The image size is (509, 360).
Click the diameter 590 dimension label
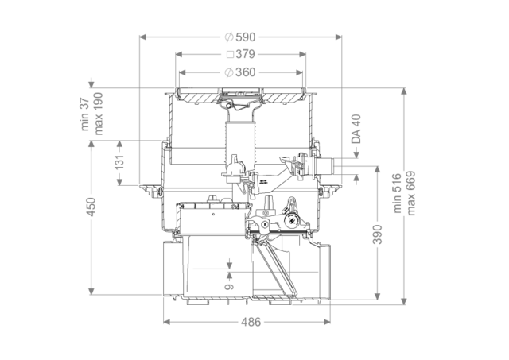pyautogui.click(x=240, y=37)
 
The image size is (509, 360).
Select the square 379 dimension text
pyautogui.click(x=240, y=54)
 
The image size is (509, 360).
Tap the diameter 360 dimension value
pyautogui.click(x=240, y=72)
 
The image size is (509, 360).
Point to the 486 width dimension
pyautogui.click(x=251, y=322)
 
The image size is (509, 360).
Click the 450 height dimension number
pyautogui.click(x=91, y=207)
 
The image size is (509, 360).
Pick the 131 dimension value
pyautogui.click(x=120, y=162)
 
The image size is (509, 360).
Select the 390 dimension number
pyautogui.click(x=377, y=234)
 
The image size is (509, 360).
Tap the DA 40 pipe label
pyautogui.click(x=356, y=129)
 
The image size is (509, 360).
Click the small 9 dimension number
pyautogui.click(x=229, y=287)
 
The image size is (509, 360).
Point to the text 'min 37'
pyautogui.click(x=85, y=114)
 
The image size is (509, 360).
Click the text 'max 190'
pyautogui.click(x=98, y=114)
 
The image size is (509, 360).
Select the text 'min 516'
pyautogui.click(x=398, y=193)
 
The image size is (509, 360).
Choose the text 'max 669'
pyautogui.click(x=410, y=193)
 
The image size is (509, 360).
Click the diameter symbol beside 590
pyautogui.click(x=229, y=37)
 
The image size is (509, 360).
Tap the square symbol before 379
pyautogui.click(x=230, y=55)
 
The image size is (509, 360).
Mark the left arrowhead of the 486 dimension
pyautogui.click(x=167, y=322)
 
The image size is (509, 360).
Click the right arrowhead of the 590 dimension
pyautogui.click(x=338, y=37)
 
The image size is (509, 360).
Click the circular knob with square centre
pyautogui.click(x=291, y=220)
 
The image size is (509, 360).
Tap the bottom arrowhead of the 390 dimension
pyautogui.click(x=377, y=296)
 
